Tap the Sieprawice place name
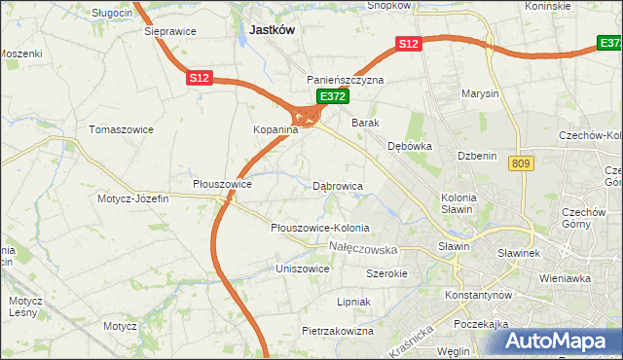point(170,31)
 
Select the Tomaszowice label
point(117,128)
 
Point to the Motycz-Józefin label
point(132,198)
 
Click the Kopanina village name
point(254,128)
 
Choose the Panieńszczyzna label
point(346,80)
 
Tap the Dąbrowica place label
point(338,184)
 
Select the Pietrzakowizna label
point(338,331)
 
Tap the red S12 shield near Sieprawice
point(200,78)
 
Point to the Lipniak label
point(354,302)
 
